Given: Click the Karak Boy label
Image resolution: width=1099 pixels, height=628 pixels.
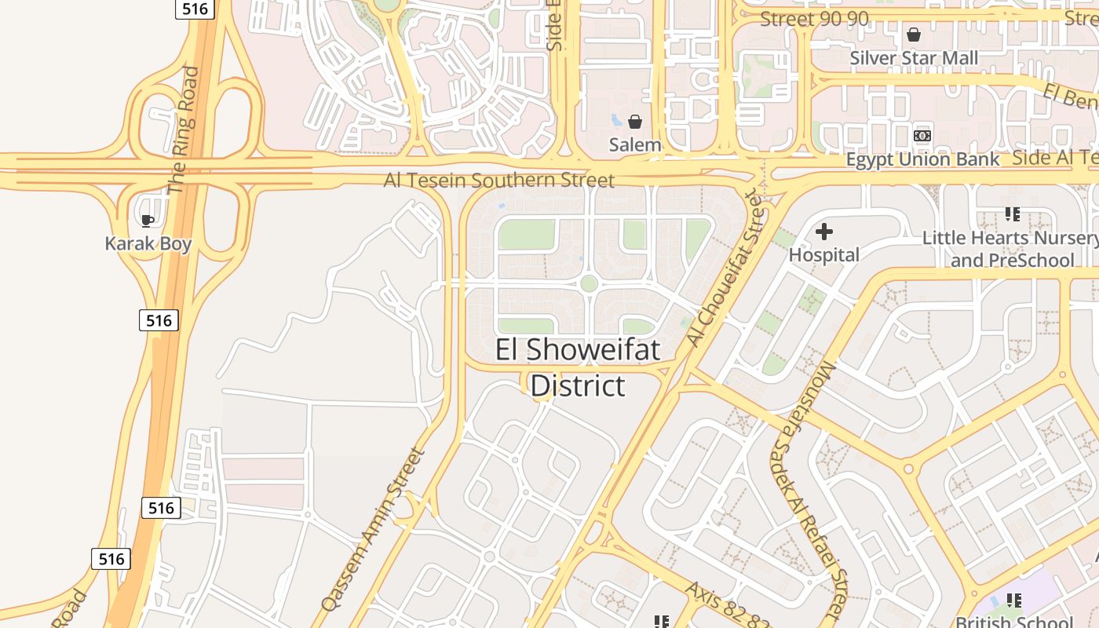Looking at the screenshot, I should click(148, 243).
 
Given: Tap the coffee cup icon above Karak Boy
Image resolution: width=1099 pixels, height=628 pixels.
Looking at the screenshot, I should click(148, 221).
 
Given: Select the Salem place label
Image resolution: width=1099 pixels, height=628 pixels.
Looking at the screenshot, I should click(635, 144).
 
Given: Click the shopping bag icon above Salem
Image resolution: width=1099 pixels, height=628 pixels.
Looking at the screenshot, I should click(635, 122).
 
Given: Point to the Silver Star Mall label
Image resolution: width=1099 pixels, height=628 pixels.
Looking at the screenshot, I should click(914, 58).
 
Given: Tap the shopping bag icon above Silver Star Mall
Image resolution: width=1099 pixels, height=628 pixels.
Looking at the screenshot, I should click(914, 35).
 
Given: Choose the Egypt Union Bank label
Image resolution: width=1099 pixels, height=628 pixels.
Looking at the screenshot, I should click(922, 159).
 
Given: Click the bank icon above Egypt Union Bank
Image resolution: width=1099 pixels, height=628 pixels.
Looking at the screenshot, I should click(922, 136).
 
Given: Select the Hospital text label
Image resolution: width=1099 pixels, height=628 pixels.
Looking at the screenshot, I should click(823, 254).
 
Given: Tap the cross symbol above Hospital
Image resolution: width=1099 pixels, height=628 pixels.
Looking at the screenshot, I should click(823, 232).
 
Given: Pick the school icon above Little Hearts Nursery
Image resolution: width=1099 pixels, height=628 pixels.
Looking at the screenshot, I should click(1012, 214).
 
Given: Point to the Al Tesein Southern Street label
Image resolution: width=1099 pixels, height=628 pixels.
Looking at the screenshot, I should click(498, 181).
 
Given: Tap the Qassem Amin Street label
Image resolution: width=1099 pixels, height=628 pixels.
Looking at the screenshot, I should click(373, 530).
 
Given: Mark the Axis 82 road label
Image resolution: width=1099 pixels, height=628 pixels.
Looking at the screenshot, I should click(726, 606).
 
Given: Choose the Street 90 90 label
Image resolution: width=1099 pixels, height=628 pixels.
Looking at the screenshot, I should click(814, 19).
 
